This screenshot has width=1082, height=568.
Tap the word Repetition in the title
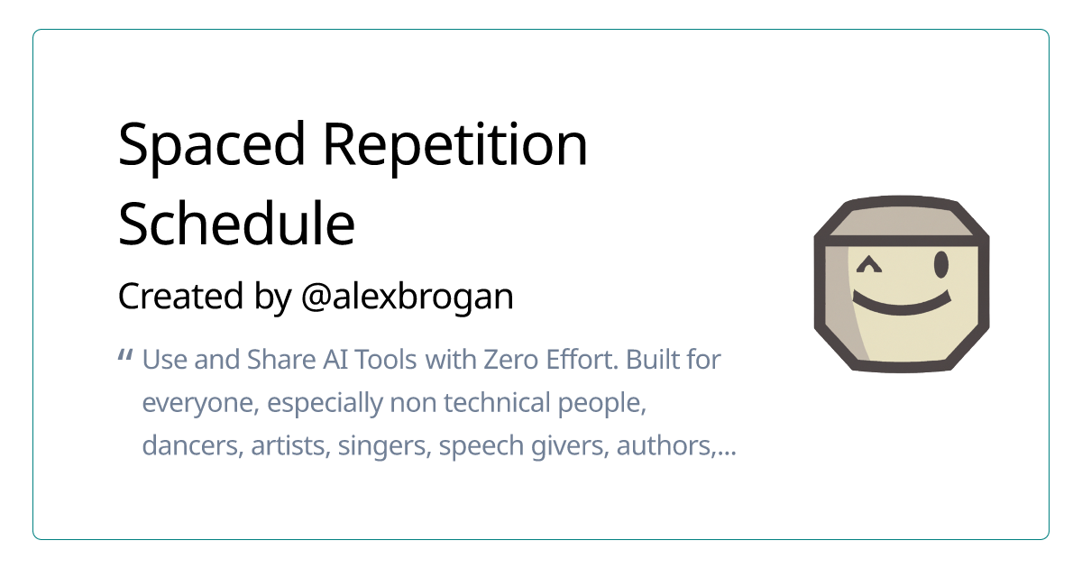[455, 145]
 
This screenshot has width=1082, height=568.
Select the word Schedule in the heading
[236, 224]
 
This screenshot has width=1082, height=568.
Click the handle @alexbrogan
[408, 297]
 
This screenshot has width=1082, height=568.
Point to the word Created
[180, 296]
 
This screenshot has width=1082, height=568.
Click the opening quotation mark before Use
[125, 356]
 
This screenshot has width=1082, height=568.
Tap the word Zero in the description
[511, 360]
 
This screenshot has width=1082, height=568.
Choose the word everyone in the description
[200, 403]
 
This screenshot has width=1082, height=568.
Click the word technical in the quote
[497, 402]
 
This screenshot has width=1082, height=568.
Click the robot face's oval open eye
[941, 265]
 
